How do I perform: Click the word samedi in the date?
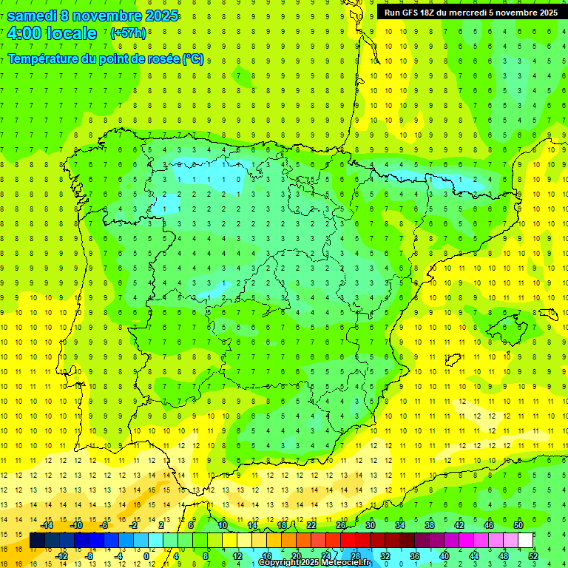pos(32,16)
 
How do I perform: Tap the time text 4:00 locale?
pos(52,33)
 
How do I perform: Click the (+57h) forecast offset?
pos(128,33)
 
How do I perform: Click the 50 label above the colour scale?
pos(518,525)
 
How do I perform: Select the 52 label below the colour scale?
pos(532,556)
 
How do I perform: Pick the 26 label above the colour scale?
pos(340,525)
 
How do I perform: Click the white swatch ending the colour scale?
pos(525,541)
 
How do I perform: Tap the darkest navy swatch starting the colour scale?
pos(38,541)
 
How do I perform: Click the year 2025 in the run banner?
pos(546,13)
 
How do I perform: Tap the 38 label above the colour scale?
pos(429,525)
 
